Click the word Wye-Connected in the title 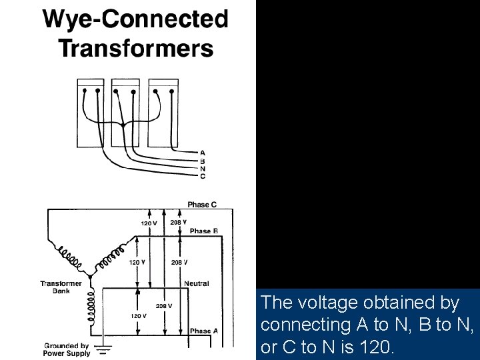click(x=136, y=19)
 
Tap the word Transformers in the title click(x=136, y=48)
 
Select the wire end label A click(x=203, y=153)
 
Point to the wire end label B click(x=203, y=161)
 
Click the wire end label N click(x=203, y=169)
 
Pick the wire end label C click(x=203, y=176)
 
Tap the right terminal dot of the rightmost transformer click(x=169, y=91)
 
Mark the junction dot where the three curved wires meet click(x=123, y=124)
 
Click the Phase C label click(x=201, y=205)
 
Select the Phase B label click(x=204, y=231)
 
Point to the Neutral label click(x=197, y=283)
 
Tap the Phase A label click(x=204, y=331)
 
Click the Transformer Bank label click(x=61, y=287)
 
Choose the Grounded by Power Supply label click(x=67, y=349)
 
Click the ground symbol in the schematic click(x=104, y=347)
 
